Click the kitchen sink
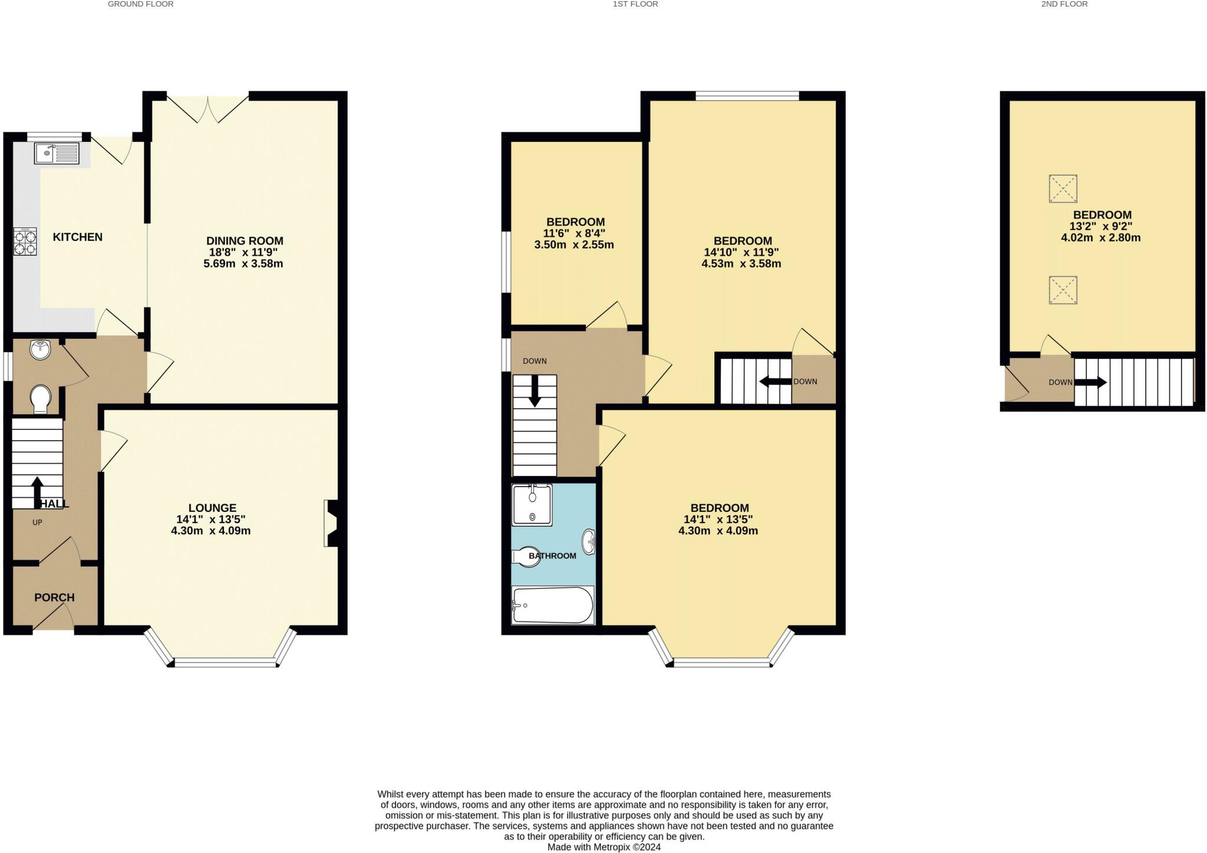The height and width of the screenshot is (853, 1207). [x=57, y=153]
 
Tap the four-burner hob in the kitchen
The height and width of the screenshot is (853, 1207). [x=25, y=242]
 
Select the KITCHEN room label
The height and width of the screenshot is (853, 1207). [x=78, y=237]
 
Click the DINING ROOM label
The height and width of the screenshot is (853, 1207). [x=245, y=241]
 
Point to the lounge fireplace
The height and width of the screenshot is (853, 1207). [x=331, y=524]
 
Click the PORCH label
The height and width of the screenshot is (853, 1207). [x=54, y=597]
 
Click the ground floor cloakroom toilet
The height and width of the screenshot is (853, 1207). [x=41, y=399]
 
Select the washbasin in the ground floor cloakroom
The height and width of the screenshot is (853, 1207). [x=40, y=349]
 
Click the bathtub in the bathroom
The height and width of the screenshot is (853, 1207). [x=553, y=605]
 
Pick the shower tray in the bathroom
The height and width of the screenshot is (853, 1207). [x=532, y=505]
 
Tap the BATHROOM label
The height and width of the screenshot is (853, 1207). [x=552, y=556]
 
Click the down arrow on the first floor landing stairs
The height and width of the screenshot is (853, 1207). [x=535, y=391]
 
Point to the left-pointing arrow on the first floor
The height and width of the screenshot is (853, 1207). [x=775, y=382]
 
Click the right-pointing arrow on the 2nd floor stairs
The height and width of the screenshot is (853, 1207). [x=1090, y=383]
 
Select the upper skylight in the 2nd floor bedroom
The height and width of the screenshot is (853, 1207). [x=1063, y=189]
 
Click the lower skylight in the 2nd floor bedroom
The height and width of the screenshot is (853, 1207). [x=1063, y=290]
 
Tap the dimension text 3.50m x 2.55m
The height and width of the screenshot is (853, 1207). [x=574, y=244]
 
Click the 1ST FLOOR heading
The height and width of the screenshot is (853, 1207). [x=635, y=4]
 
